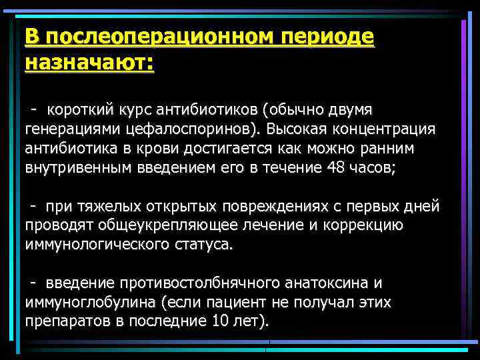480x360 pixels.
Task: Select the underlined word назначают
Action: pyautogui.click(x=87, y=65)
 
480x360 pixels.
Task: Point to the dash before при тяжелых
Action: pyautogui.click(x=33, y=207)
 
